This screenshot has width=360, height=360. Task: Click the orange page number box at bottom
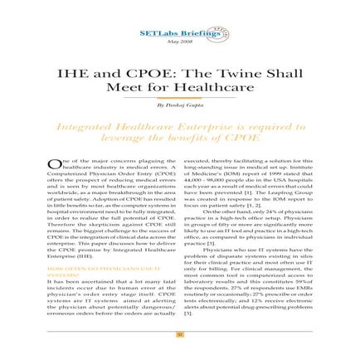pyautogui.click(x=179, y=335)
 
